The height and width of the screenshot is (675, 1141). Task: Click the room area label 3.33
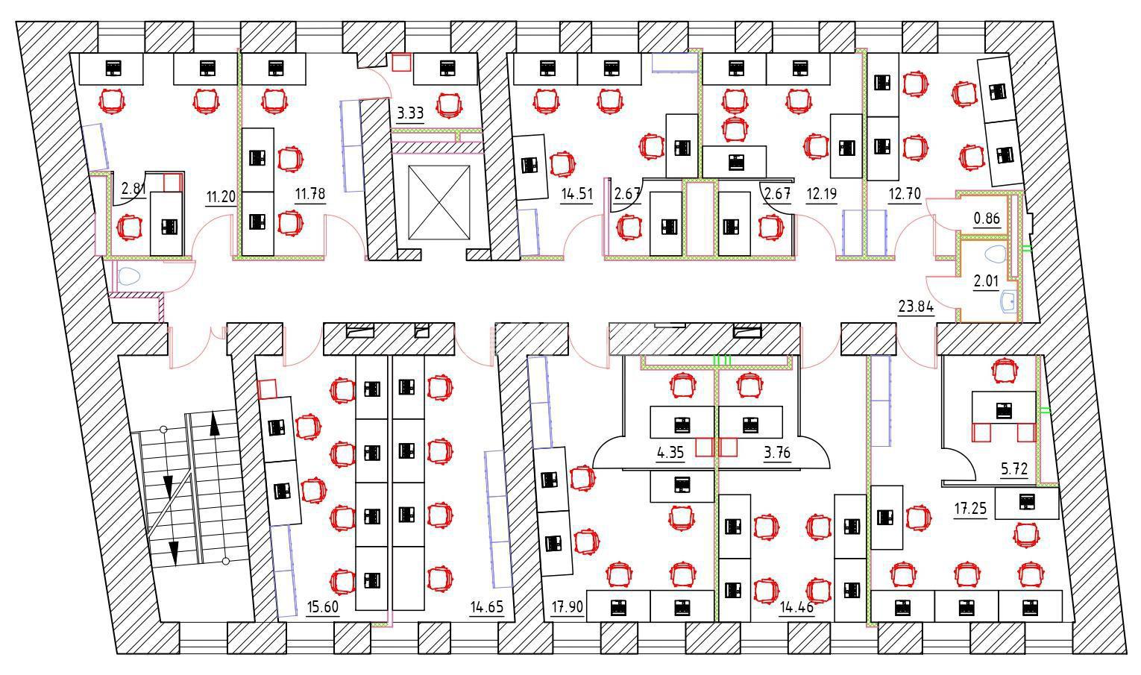click(410, 114)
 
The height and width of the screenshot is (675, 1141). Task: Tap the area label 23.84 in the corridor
click(916, 306)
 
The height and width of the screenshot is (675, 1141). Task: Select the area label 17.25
click(970, 509)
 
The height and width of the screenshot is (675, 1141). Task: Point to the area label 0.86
click(987, 219)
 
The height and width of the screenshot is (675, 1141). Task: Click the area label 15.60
click(323, 607)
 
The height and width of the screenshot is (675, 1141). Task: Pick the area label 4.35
click(670, 453)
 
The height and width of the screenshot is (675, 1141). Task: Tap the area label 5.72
click(1014, 469)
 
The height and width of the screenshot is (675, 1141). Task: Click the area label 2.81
click(133, 189)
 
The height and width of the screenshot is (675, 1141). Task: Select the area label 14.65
click(486, 607)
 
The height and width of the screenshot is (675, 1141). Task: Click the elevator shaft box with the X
click(439, 203)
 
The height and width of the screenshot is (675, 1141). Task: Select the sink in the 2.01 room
click(1007, 301)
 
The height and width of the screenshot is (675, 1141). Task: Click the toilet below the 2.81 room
click(129, 277)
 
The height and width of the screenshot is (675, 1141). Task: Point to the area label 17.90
click(567, 607)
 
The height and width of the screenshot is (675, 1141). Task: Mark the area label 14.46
click(796, 607)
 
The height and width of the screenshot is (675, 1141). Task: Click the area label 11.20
click(221, 198)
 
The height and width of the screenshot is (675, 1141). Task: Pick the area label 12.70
click(905, 195)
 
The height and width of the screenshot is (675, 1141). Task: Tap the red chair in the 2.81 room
click(130, 227)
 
